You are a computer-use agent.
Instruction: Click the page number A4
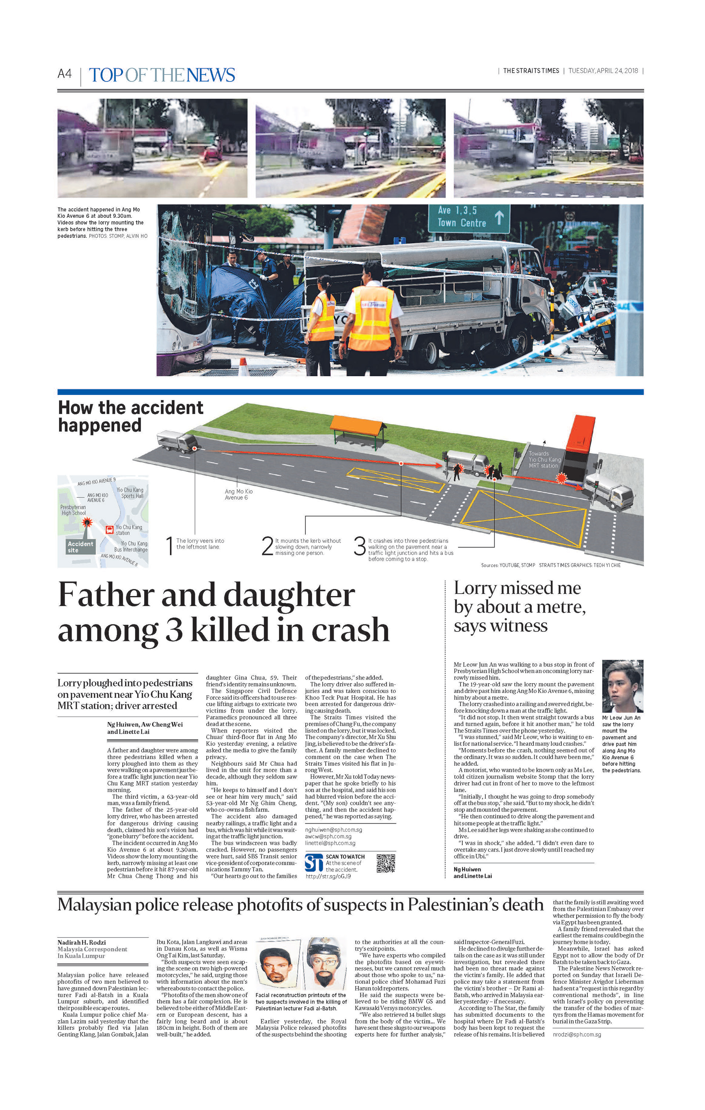(65, 74)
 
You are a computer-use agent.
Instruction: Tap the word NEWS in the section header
(211, 75)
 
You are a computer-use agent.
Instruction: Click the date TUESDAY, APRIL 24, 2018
(603, 71)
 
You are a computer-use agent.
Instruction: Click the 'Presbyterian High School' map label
(73, 510)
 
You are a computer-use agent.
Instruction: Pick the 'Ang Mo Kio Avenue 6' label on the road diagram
(238, 494)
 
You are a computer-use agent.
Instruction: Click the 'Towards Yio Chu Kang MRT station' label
(545, 460)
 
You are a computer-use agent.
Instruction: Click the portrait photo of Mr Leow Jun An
(622, 686)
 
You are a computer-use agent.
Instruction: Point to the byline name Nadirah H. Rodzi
(82, 942)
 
